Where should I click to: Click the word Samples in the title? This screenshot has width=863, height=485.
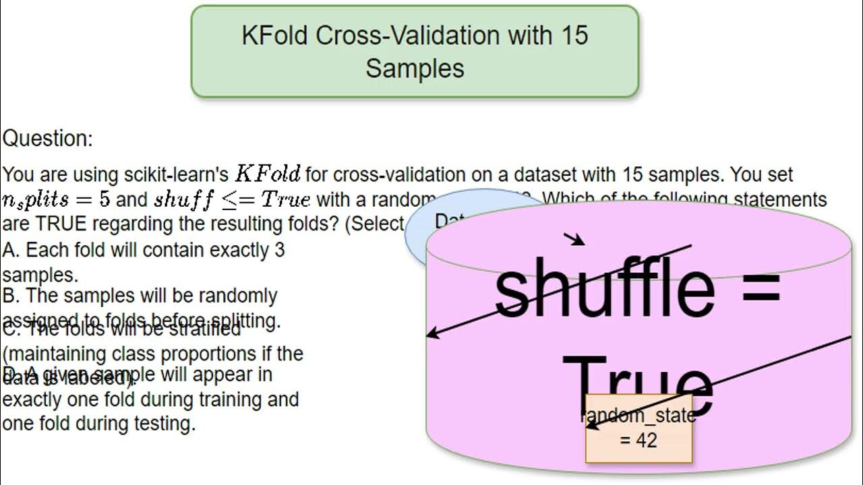pyautogui.click(x=415, y=68)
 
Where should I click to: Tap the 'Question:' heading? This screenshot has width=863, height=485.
pyautogui.click(x=48, y=139)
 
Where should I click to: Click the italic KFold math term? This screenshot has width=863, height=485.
pyautogui.click(x=267, y=174)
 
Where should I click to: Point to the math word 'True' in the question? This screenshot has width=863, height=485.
pyautogui.click(x=285, y=200)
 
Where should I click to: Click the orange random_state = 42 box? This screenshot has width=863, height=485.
pyautogui.click(x=638, y=428)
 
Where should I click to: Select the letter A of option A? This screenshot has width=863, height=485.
pyautogui.click(x=9, y=250)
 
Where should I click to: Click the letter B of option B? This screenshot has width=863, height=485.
pyautogui.click(x=9, y=296)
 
